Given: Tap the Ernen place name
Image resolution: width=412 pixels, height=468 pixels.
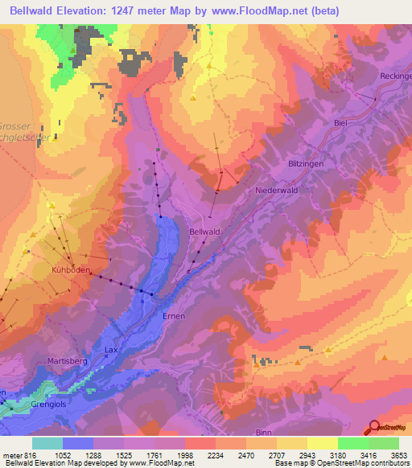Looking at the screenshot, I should coord(174,316).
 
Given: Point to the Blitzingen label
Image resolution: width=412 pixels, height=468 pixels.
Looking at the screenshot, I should coord(305,163).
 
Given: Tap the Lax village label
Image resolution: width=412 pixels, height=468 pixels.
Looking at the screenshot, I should coord(112,350).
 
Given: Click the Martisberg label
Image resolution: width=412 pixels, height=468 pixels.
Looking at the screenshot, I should coord(66,361).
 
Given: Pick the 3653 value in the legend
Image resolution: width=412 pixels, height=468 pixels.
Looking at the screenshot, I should coord(398,456).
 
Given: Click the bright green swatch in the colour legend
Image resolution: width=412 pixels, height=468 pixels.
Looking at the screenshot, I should coord(352,443).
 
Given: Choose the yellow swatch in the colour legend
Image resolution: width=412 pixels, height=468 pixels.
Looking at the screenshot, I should coord(322,443).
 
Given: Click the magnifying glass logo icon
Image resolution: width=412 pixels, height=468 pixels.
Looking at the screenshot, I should coord(373,428).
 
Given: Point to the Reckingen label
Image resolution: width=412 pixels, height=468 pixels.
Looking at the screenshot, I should coord(394,76).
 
